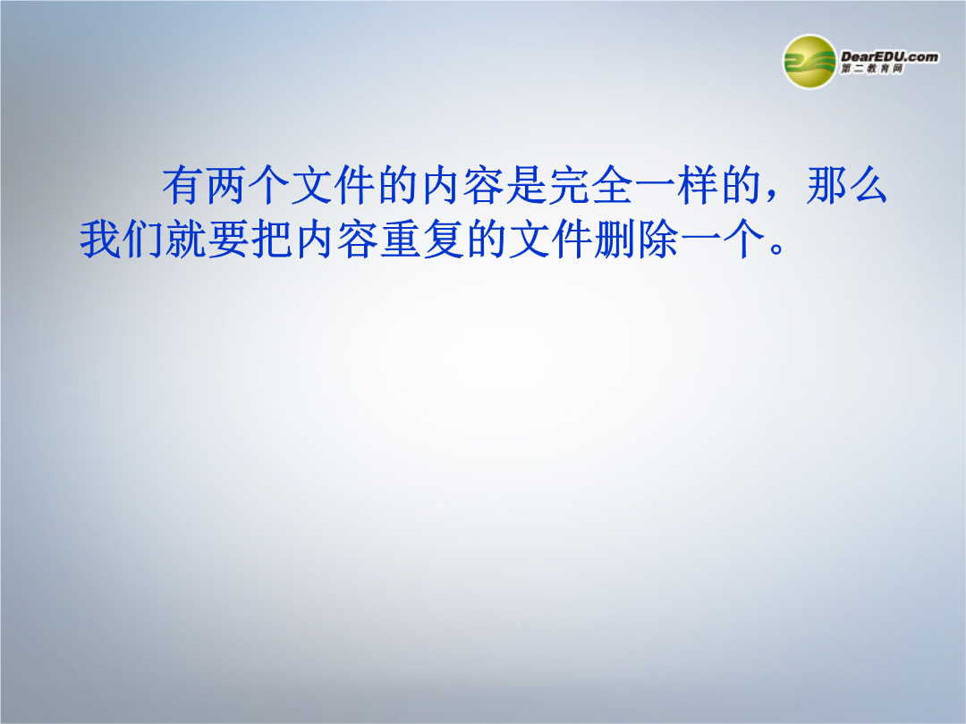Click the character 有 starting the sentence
(183, 185)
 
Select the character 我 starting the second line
(100, 239)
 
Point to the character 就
(186, 239)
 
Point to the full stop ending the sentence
(777, 249)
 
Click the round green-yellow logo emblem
(809, 62)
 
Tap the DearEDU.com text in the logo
(890, 56)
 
